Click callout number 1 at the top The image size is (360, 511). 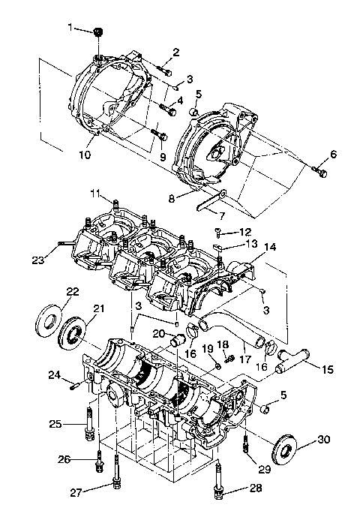click(71, 27)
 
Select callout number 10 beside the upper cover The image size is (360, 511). click(83, 155)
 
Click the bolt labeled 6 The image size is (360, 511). click(322, 173)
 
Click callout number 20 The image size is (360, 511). click(158, 333)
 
